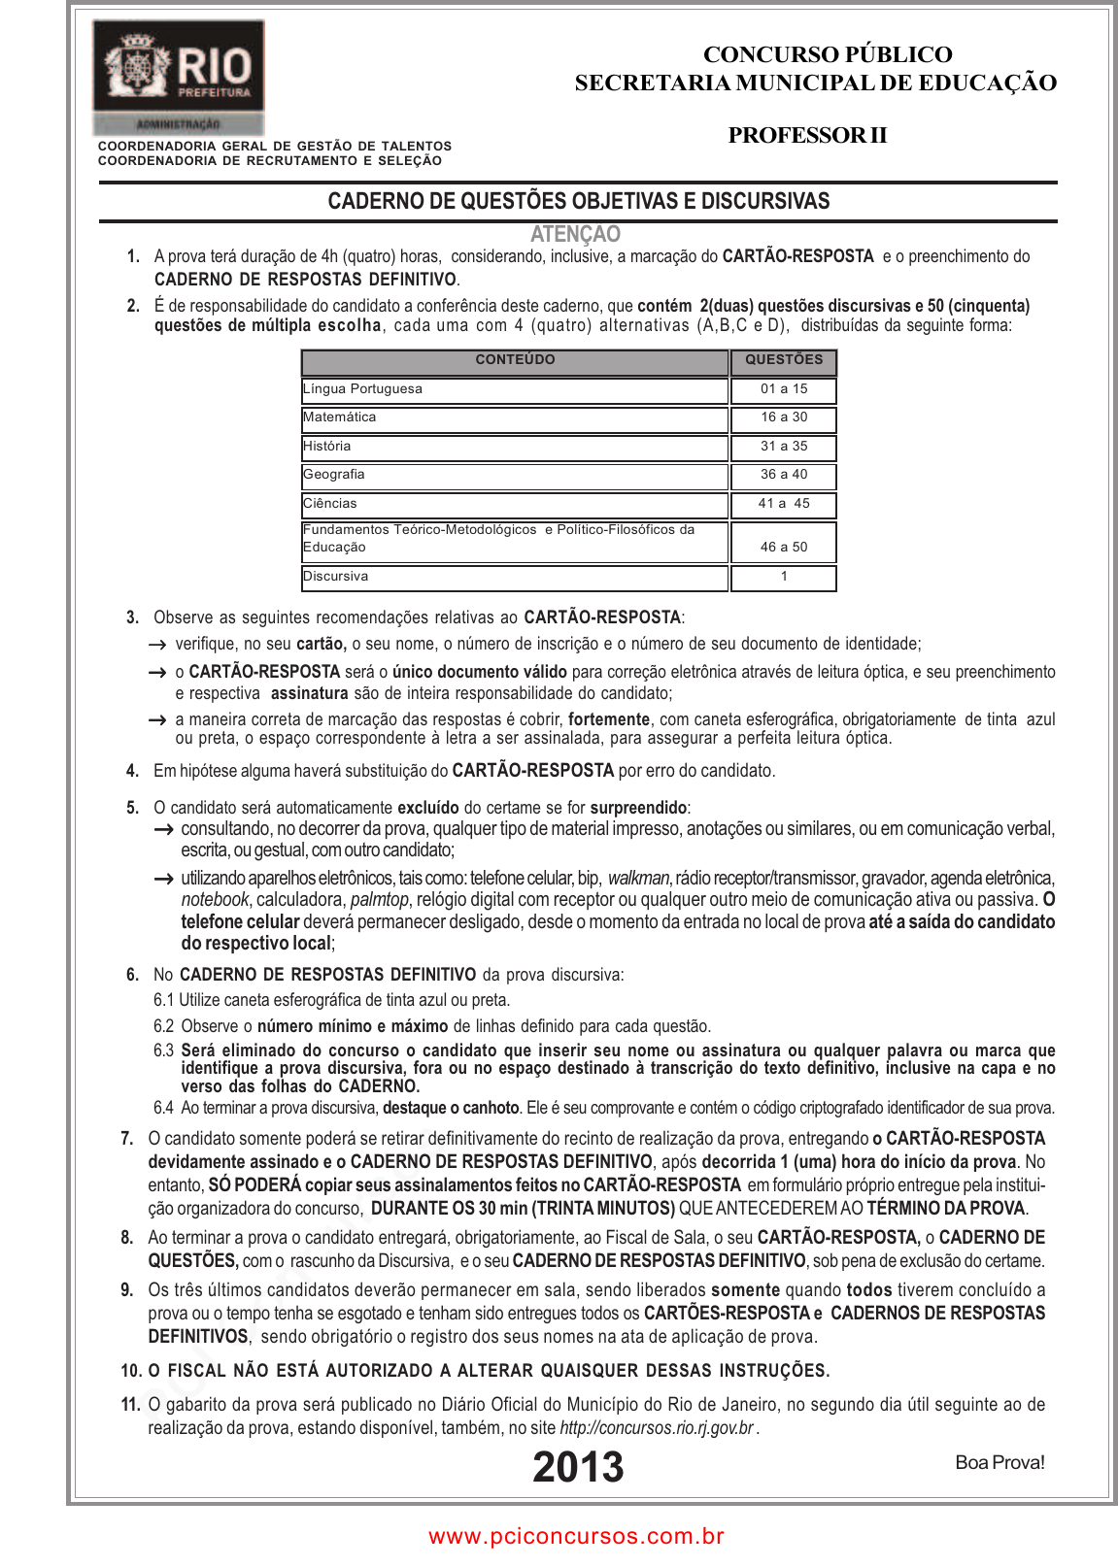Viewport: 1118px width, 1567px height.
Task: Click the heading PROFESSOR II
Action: pos(807,136)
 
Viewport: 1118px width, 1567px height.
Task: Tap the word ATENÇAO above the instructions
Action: pos(575,234)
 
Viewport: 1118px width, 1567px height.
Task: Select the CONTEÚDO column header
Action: pos(515,360)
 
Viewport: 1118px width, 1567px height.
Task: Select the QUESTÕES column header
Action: pos(783,360)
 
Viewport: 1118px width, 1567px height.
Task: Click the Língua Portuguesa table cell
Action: pos(362,389)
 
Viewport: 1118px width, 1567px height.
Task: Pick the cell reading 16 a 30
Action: pos(783,417)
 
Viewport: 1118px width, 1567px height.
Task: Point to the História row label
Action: pos(326,447)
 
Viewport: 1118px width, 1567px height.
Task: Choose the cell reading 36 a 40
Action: pos(783,475)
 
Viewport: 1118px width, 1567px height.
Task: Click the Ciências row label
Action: pos(330,504)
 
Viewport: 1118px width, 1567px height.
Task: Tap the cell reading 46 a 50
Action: pos(783,548)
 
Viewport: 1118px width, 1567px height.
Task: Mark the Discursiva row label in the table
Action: pos(335,577)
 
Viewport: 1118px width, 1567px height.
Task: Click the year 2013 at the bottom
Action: pos(578,1467)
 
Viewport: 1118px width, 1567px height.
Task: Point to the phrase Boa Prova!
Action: pos(999,1463)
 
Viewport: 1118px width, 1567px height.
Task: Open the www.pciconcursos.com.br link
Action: pos(576,1537)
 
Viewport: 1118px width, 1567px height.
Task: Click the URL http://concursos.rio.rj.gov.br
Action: pos(657,1428)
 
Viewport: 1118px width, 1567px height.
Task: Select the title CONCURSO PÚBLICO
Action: pos(828,54)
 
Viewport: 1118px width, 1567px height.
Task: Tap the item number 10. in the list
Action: pos(131,1371)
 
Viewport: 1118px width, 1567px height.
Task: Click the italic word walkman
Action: pos(638,879)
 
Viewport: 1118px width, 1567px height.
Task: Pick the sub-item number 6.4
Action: pos(163,1108)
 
